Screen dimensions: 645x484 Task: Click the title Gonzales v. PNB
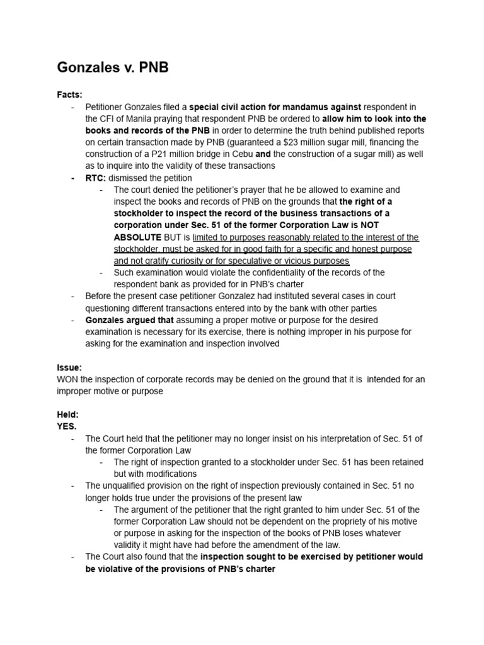pos(113,67)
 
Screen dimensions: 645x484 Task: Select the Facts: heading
pos(69,94)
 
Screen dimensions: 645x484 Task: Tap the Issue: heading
pos(69,367)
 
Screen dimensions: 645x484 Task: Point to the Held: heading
pos(68,415)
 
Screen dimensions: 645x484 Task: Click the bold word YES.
pos(67,426)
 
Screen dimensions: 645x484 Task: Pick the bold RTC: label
pos(96,178)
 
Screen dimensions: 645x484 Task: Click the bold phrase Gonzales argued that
pos(129,320)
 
